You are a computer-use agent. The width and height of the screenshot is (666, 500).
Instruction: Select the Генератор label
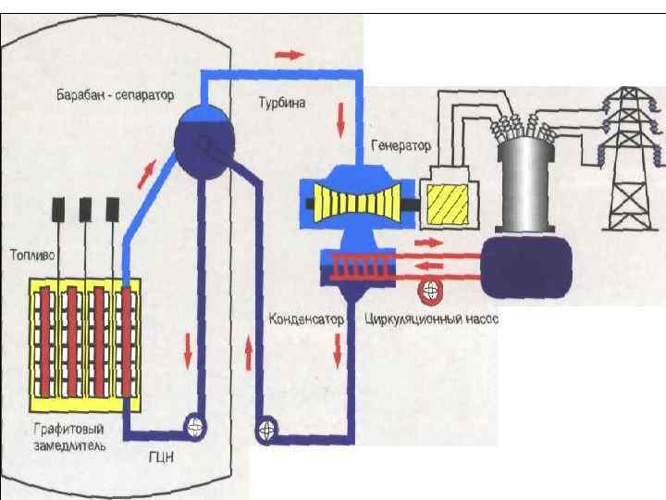coord(401,146)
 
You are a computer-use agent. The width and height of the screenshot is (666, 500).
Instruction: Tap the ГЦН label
coord(160,456)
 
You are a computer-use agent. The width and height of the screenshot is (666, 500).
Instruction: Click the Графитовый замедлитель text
coord(68,437)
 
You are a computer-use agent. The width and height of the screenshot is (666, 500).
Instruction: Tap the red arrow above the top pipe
coord(290,55)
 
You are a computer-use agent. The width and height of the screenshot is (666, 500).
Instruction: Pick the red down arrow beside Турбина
coord(341,117)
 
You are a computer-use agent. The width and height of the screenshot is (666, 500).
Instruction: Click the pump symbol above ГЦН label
coord(195,425)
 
